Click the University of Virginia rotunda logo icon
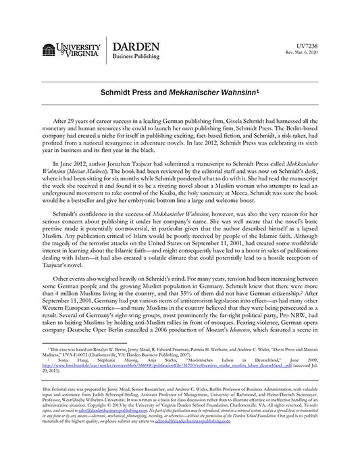(x=48, y=51)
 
